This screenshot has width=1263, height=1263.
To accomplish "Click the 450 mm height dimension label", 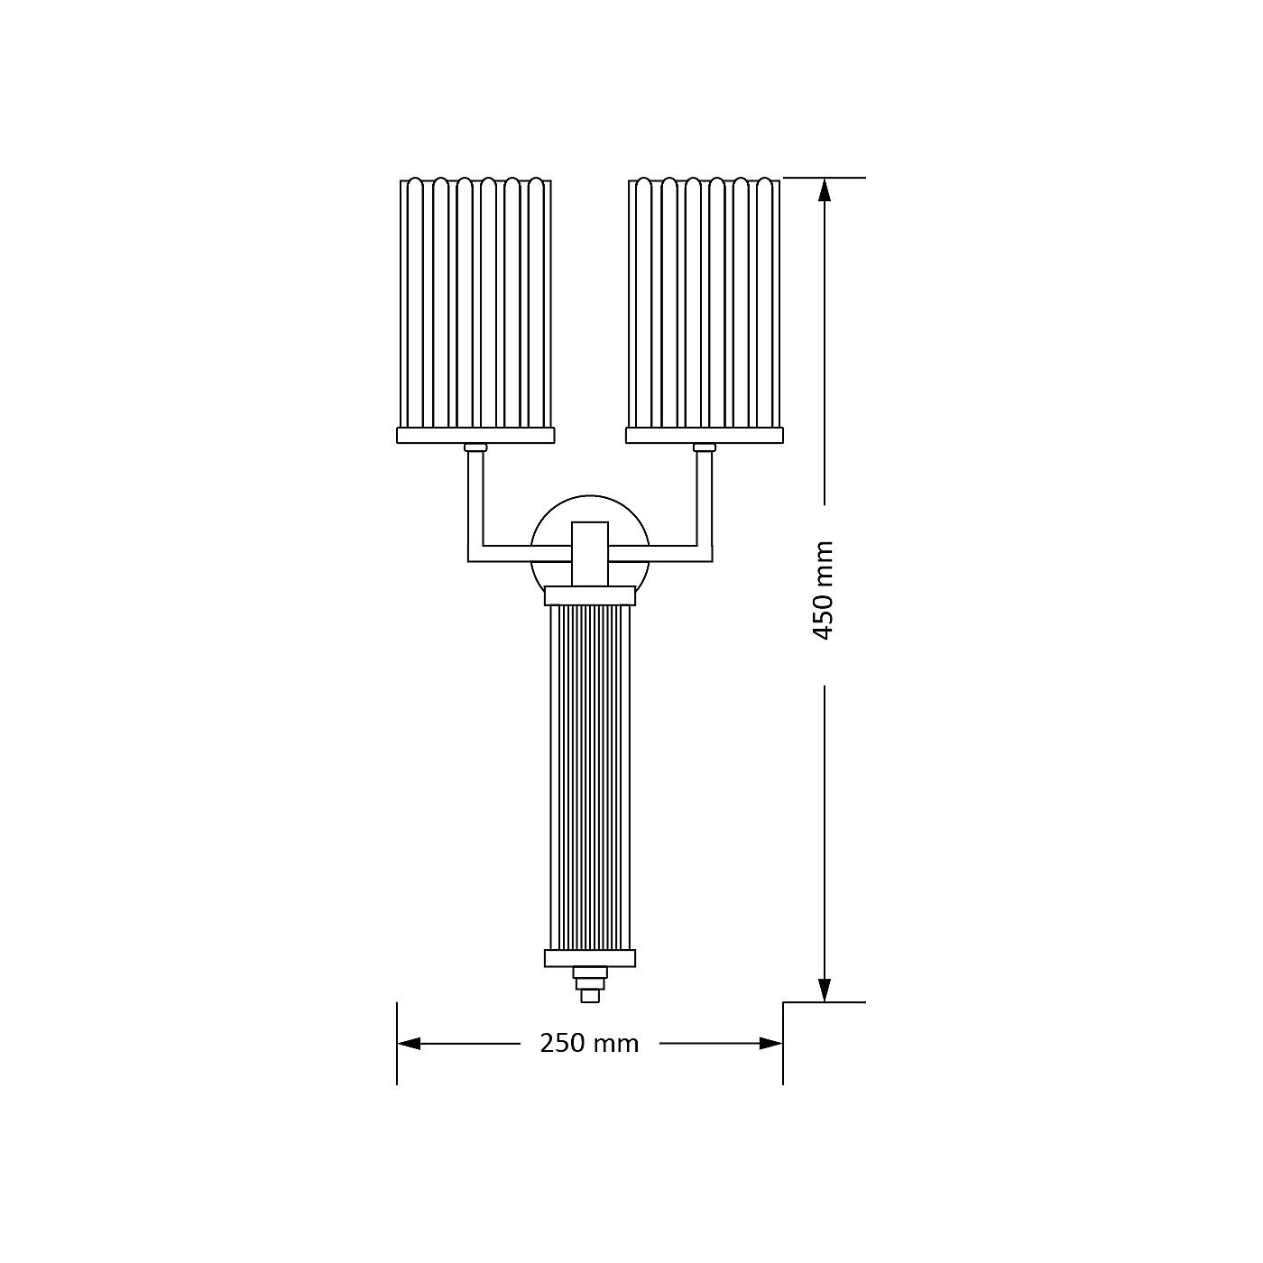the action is tap(824, 590).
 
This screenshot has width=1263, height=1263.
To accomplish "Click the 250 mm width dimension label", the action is tap(589, 1044).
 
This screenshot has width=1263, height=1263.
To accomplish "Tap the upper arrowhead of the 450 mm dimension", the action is tap(825, 190).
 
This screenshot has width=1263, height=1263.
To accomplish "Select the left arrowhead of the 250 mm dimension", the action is tap(409, 1044).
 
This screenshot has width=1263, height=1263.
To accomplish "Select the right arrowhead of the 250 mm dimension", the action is tap(770, 1044).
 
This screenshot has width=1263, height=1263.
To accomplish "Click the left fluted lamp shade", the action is tap(475, 302).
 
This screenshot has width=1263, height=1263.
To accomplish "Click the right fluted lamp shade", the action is tap(705, 302).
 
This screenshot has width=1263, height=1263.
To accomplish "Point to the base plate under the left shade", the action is tap(475, 435).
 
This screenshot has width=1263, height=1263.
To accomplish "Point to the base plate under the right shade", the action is tap(705, 435).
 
